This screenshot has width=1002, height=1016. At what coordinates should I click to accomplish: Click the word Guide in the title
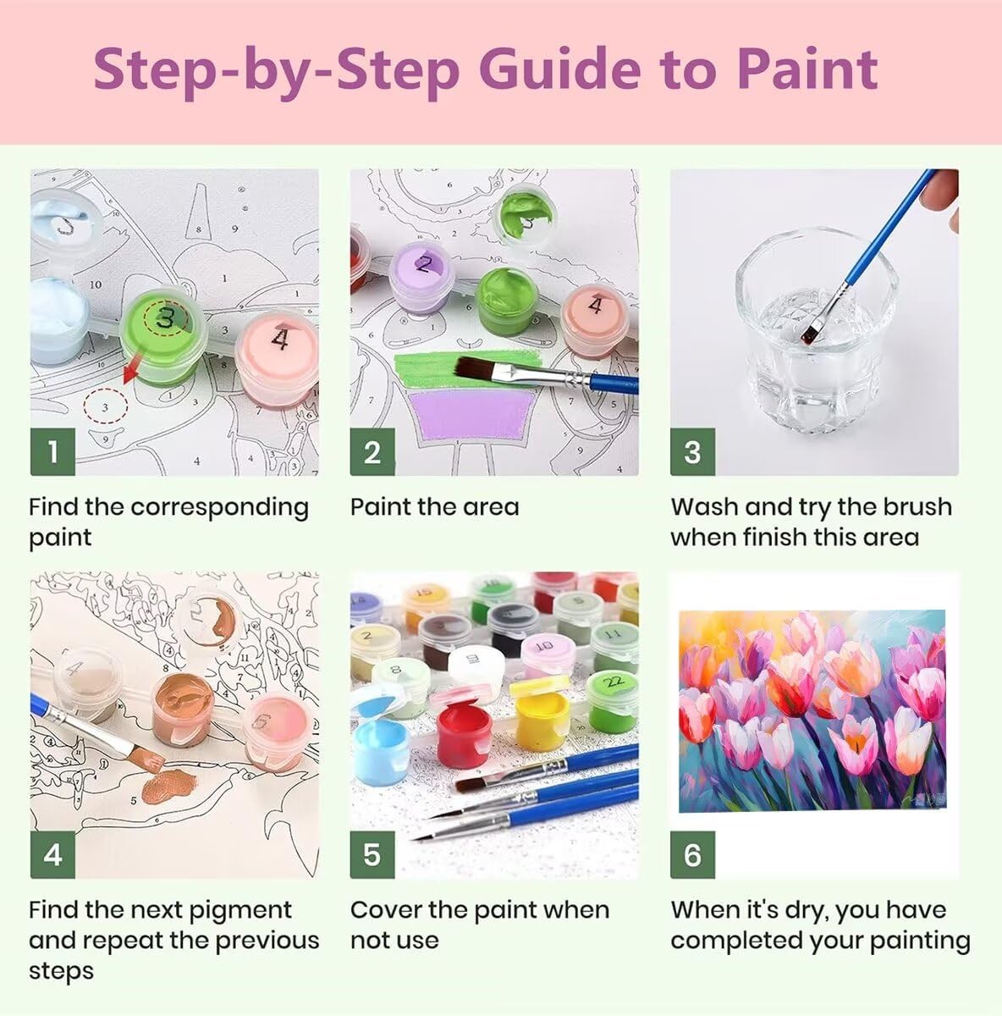[559, 69]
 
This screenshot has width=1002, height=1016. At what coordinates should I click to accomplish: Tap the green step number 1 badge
[52, 452]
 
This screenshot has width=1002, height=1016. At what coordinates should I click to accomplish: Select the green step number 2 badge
[372, 452]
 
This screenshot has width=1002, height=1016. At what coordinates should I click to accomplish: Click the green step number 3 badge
[692, 452]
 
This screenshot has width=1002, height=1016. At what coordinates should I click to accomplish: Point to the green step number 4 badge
[52, 854]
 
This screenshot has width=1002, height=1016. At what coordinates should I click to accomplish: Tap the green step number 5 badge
[372, 854]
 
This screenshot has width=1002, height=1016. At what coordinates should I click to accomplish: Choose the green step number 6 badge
[692, 854]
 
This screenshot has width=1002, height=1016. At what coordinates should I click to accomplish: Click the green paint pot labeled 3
[164, 334]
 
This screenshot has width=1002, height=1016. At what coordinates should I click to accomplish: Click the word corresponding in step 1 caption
[219, 508]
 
